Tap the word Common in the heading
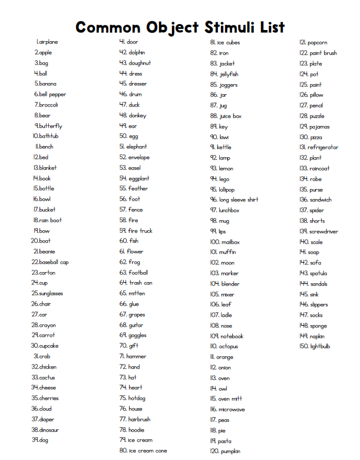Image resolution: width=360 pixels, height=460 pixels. [x=110, y=27]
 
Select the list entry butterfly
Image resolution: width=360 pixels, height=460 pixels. [x=51, y=126]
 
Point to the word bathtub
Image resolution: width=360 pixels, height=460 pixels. [x=49, y=136]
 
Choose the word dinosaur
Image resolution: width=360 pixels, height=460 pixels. [x=49, y=430]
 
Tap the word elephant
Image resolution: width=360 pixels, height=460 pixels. [x=137, y=147]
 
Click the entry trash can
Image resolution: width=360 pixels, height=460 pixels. [x=141, y=283]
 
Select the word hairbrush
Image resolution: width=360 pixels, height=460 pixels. [x=140, y=419]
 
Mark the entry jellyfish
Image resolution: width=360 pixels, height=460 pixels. [x=229, y=74]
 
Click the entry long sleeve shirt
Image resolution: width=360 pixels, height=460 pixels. [x=239, y=200]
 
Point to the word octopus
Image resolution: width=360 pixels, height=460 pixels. [x=229, y=346]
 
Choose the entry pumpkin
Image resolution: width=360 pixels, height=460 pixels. [x=230, y=451]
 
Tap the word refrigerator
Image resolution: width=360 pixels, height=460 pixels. [x=323, y=147]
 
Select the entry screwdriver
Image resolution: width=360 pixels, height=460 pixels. [x=324, y=231]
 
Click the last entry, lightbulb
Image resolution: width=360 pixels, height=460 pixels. [x=321, y=346]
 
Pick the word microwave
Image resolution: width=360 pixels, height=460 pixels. [x=232, y=409]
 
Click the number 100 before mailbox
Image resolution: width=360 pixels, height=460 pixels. [x=214, y=242]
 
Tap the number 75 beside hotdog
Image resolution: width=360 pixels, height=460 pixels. [x=123, y=398]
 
